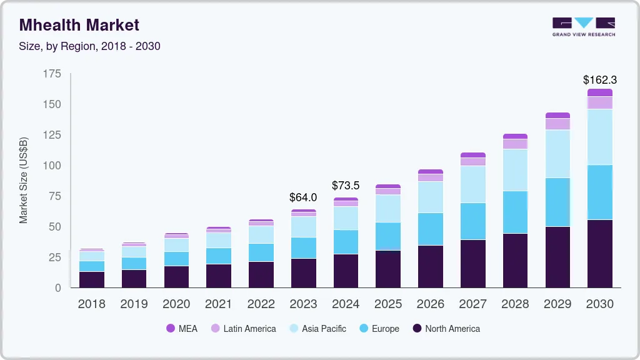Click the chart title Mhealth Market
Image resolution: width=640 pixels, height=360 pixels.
79,25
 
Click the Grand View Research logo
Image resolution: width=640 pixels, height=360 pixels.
583,27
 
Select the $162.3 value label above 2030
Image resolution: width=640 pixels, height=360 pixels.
599,80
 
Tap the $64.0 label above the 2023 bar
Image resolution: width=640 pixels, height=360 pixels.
303,197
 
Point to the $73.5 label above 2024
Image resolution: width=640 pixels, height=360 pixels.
346,186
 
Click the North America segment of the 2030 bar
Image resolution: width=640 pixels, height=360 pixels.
599,253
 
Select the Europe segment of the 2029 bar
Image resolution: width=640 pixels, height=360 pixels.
557,202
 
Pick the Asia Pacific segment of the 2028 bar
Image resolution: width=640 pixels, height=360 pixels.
515,170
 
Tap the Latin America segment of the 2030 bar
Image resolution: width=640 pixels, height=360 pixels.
599,102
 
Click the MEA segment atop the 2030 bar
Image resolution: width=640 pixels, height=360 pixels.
599,92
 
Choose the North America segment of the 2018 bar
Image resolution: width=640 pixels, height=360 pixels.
92,279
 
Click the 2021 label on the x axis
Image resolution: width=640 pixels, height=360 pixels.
219,304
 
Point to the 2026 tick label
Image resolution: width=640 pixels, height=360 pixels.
430,304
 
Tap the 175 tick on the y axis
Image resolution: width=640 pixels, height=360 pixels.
52,74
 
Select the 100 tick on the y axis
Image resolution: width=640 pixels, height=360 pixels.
52,166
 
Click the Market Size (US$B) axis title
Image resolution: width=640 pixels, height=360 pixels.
24,180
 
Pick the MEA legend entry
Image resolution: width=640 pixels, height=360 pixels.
182,329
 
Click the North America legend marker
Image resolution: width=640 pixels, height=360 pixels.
417,329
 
